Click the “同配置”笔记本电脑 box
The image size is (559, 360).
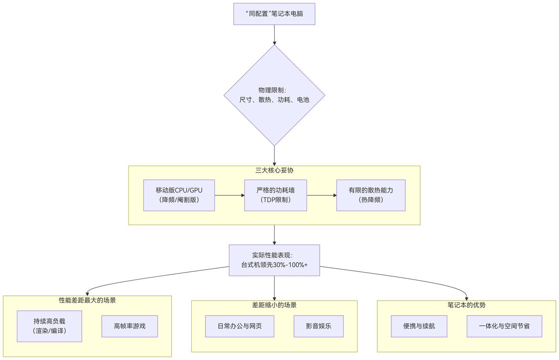(274, 14)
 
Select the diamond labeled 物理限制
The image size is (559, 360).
(274, 95)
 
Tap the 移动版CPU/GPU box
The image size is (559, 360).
(179, 195)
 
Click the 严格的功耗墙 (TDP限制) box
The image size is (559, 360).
(275, 195)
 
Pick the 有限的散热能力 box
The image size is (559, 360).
(371, 195)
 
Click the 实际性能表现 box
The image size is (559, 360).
(274, 260)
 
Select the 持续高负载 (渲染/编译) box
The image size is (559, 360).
(49, 326)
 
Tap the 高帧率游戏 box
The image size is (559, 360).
(130, 326)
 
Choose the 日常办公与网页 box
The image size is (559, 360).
(240, 326)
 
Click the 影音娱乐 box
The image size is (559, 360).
(319, 326)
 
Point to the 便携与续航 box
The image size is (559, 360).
(419, 326)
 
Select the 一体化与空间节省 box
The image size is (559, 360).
(504, 326)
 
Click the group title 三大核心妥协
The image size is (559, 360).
(274, 170)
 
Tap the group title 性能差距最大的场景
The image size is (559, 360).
(87, 301)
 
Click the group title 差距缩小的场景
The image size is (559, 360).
(274, 305)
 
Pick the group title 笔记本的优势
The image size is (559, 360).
(466, 305)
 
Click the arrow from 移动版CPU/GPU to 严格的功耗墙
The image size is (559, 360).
(229, 195)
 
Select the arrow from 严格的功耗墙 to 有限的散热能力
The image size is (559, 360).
(321, 195)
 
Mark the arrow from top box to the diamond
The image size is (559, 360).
(274, 35)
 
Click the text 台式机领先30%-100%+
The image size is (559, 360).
(274, 265)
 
